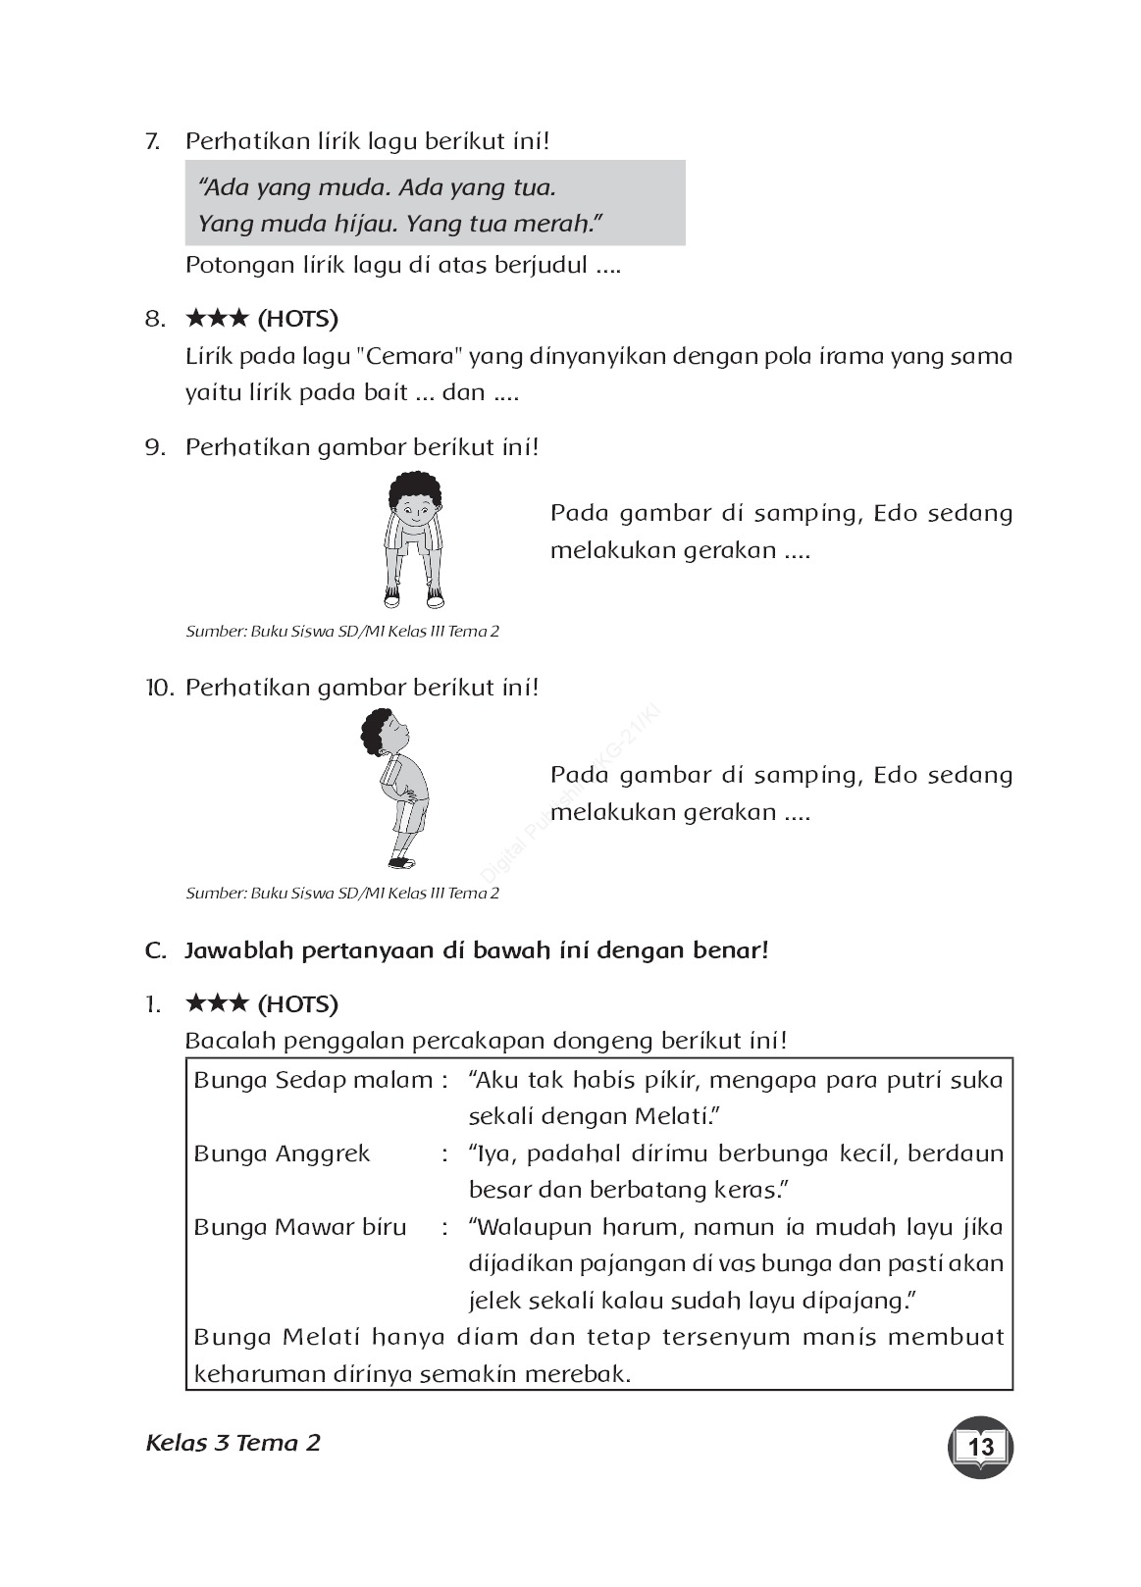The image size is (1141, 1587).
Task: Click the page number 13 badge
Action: click(x=980, y=1446)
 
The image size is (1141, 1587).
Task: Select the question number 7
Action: click(x=152, y=141)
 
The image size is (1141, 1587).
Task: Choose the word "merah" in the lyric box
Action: click(x=560, y=224)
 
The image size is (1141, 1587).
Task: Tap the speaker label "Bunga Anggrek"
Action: click(x=282, y=1153)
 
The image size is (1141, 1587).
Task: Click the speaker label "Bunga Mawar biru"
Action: click(x=299, y=1227)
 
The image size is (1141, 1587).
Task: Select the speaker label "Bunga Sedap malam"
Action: click(x=313, y=1080)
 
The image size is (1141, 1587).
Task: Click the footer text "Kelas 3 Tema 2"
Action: click(x=233, y=1443)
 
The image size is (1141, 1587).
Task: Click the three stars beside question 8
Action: click(x=217, y=319)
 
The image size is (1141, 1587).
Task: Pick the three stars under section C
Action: click(x=217, y=1004)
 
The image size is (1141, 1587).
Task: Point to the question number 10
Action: click(x=158, y=688)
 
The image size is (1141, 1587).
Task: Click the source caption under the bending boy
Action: click(x=342, y=632)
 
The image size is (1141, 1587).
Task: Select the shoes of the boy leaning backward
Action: click(x=402, y=863)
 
